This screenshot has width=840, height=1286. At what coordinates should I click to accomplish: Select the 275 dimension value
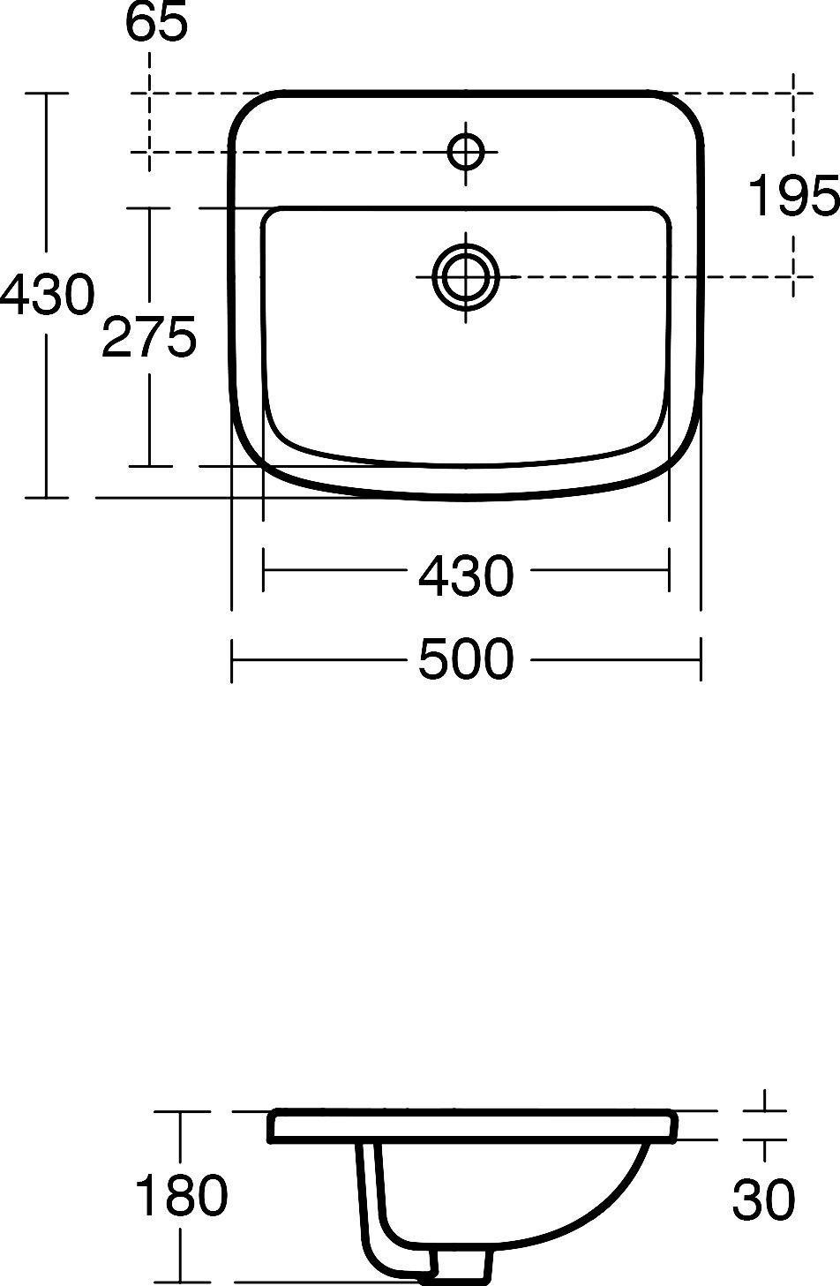point(148,338)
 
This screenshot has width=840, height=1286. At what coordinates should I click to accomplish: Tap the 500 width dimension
point(465,659)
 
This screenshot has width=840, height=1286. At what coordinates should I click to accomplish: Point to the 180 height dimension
point(181,1197)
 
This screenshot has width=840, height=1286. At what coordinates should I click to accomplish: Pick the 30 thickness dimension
point(763,1200)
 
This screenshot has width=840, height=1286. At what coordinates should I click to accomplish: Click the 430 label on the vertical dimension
point(46,295)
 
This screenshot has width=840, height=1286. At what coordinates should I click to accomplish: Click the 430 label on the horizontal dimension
point(465,575)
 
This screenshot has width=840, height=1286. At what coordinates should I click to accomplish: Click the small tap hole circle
point(466,152)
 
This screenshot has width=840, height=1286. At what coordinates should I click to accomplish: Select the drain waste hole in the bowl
point(466,276)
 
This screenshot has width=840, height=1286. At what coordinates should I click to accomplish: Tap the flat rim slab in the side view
point(472,1126)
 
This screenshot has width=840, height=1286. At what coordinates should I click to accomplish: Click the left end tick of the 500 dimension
point(231,659)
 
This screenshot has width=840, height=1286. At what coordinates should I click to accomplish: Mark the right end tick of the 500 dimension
point(701,659)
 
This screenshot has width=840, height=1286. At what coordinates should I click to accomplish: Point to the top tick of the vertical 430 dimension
point(46,93)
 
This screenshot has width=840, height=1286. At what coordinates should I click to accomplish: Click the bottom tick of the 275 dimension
point(148,465)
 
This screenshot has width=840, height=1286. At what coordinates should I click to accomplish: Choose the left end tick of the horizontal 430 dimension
point(263,570)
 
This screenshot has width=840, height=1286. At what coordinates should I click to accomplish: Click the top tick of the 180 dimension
point(181,1111)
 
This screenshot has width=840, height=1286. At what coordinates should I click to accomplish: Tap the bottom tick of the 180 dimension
point(181,1281)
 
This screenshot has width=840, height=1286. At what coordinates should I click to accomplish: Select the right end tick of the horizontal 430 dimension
point(669,570)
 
